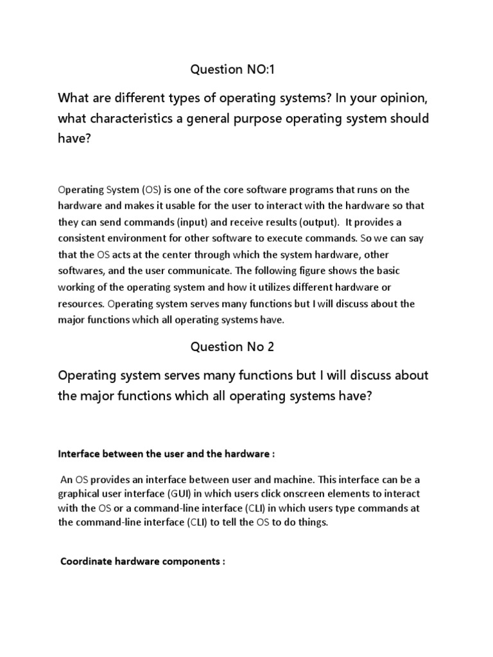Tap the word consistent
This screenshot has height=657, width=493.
point(82,238)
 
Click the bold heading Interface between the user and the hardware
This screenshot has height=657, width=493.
point(166,454)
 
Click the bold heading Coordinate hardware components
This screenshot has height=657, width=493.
point(143,561)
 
